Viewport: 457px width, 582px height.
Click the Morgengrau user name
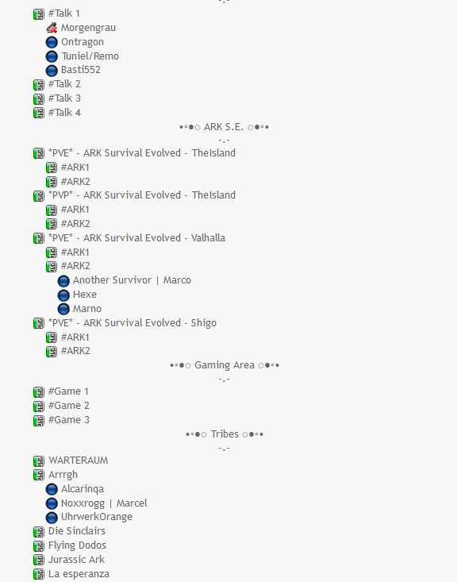[x=88, y=28]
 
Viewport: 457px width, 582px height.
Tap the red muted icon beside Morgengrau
[x=52, y=28]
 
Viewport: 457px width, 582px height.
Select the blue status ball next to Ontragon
[x=52, y=42]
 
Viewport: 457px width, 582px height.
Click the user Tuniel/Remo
[x=90, y=56]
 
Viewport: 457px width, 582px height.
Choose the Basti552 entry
[x=81, y=70]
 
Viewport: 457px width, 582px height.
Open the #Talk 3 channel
[x=64, y=98]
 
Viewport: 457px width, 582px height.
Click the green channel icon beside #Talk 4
[x=39, y=113]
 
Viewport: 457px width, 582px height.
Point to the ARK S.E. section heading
[x=224, y=127]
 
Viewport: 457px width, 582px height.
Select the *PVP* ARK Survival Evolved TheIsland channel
[x=142, y=195]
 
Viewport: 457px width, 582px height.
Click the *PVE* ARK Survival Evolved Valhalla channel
[x=136, y=238]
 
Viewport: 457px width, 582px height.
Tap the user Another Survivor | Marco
[x=132, y=280]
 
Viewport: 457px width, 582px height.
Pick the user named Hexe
[x=85, y=295]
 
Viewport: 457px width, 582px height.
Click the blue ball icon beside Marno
[x=63, y=309]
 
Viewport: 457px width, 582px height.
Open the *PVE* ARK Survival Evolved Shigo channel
[x=132, y=323]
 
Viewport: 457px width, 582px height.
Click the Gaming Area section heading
[x=225, y=365]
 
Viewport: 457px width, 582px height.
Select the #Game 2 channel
[x=68, y=406]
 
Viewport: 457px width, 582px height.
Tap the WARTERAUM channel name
[x=79, y=461]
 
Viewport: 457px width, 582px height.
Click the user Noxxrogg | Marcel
[x=104, y=503]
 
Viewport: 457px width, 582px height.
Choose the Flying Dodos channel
[x=77, y=545]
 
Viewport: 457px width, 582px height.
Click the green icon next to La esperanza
[x=39, y=574]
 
